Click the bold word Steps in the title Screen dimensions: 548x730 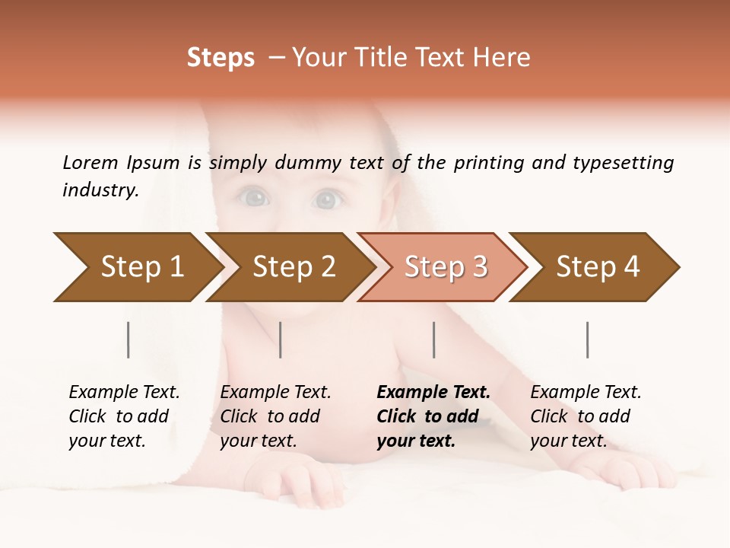(221, 58)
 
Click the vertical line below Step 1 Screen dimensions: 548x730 (129, 339)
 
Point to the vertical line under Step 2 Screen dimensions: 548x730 (281, 339)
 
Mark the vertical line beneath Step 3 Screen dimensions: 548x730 (434, 339)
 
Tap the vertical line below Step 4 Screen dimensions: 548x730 (588, 339)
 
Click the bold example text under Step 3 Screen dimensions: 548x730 (433, 416)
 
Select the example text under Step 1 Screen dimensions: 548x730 (124, 416)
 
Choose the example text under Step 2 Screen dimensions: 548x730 (275, 416)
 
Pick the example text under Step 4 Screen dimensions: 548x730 (586, 416)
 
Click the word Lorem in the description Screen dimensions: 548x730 (90, 163)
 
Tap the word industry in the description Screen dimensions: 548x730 (100, 190)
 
